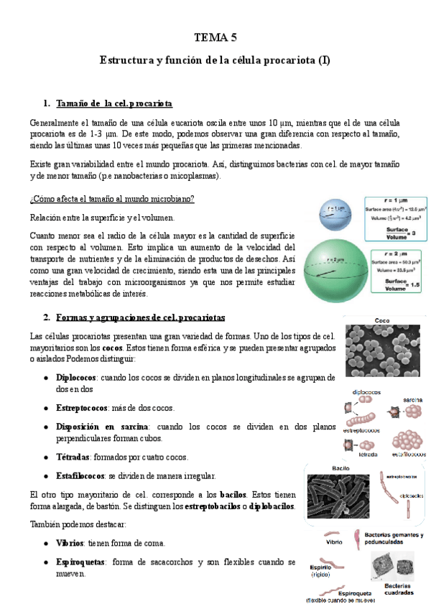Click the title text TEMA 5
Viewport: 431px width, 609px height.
pyautogui.click(x=215, y=37)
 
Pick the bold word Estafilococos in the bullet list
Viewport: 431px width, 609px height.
pyautogui.click(x=80, y=476)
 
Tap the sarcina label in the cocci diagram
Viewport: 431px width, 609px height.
pyautogui.click(x=407, y=399)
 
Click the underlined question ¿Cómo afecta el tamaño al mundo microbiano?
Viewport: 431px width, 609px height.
pyautogui.click(x=112, y=198)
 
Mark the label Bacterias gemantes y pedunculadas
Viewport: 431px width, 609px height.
pyautogui.click(x=394, y=539)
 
